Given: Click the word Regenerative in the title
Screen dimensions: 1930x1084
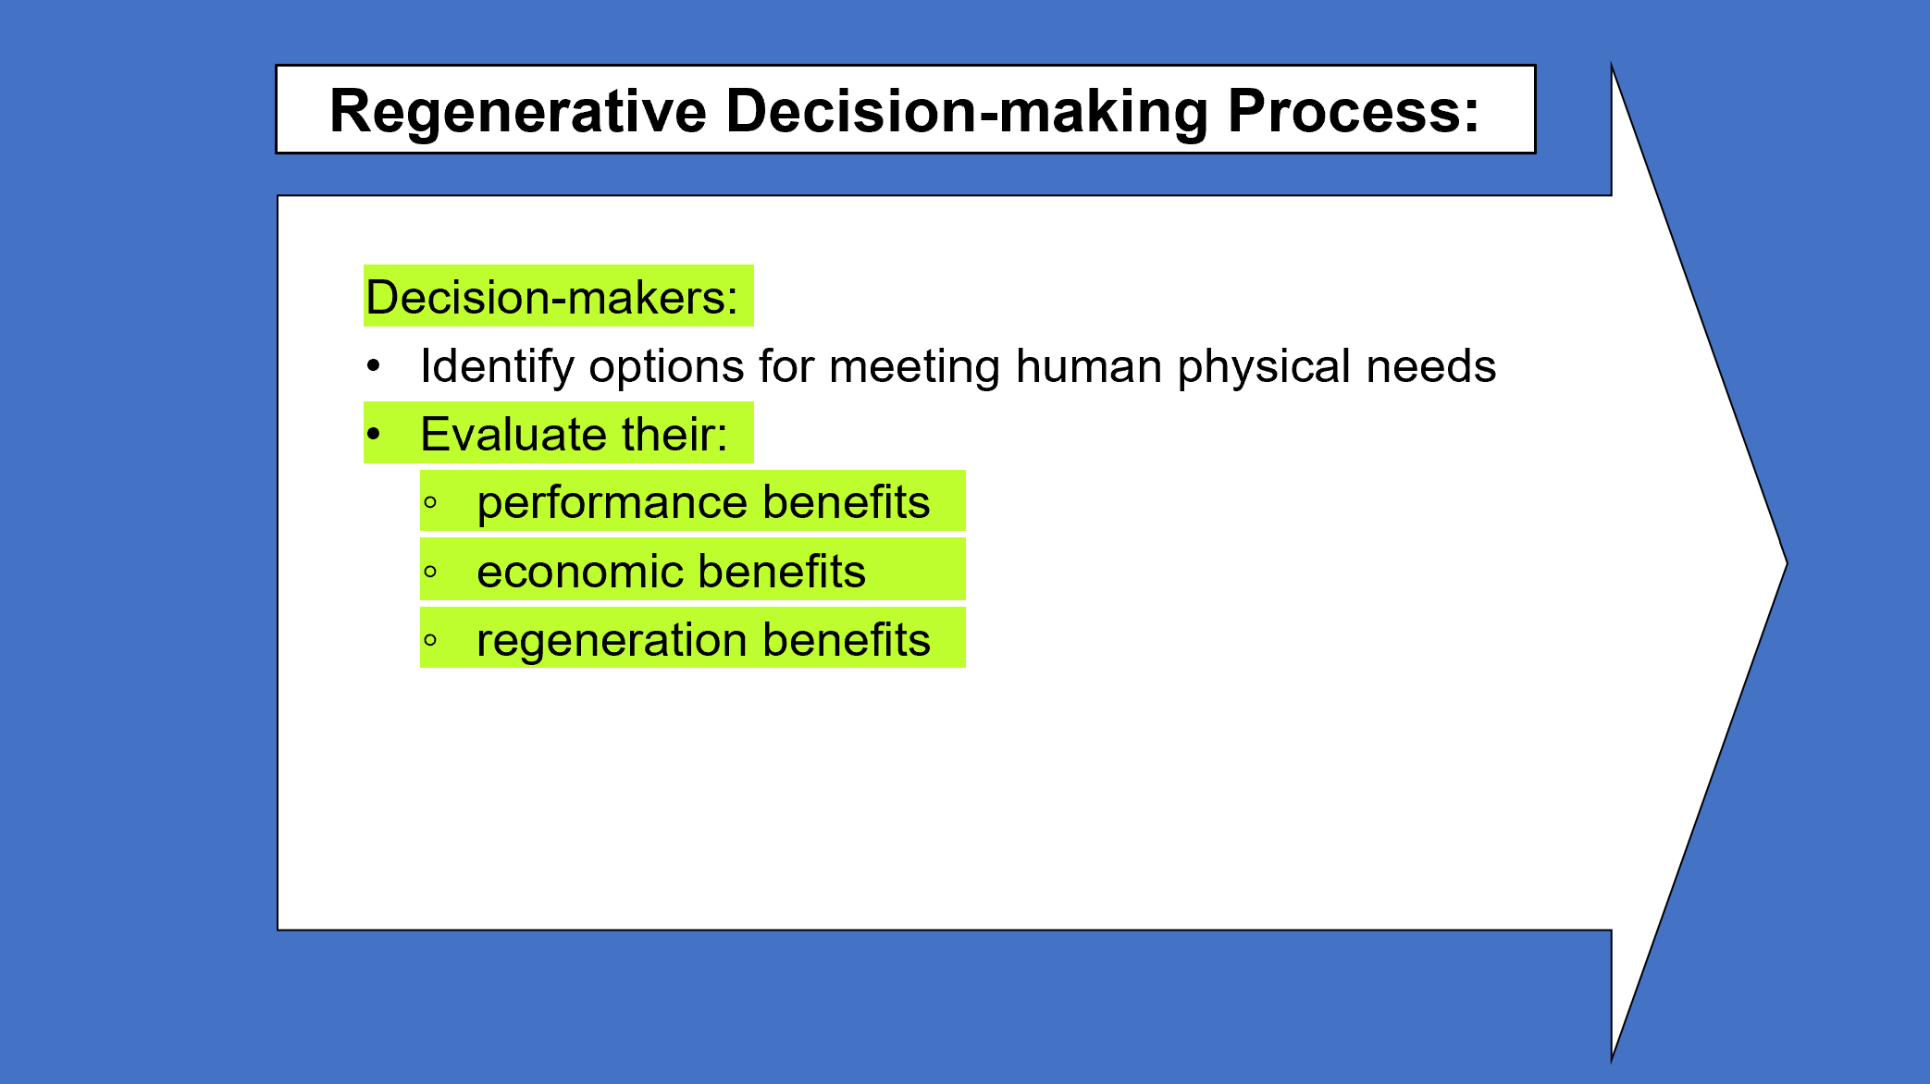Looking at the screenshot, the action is point(518,112).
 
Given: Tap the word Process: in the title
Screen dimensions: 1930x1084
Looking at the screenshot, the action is point(1353,110).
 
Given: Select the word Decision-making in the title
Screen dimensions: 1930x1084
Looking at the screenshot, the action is point(967,112).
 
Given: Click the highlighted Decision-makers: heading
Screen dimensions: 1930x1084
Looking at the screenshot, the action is point(551,297).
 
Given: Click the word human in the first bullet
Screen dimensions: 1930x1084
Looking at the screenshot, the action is point(1088,366).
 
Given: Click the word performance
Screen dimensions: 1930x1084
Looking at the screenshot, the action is point(612,503).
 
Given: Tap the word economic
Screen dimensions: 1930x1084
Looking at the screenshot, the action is point(580,572).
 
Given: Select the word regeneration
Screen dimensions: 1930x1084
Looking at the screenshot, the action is point(612,640).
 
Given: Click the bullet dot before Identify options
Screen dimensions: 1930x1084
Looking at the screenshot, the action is point(373,366).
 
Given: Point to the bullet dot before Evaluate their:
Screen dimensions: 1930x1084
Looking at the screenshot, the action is point(373,434).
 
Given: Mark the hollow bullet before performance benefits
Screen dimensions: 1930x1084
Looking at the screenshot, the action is point(430,503).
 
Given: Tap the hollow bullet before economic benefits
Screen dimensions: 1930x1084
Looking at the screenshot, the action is point(430,572).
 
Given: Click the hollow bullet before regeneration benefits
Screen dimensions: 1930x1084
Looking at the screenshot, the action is point(430,640).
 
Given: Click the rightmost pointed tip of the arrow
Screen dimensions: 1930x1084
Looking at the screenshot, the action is point(1787,562).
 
